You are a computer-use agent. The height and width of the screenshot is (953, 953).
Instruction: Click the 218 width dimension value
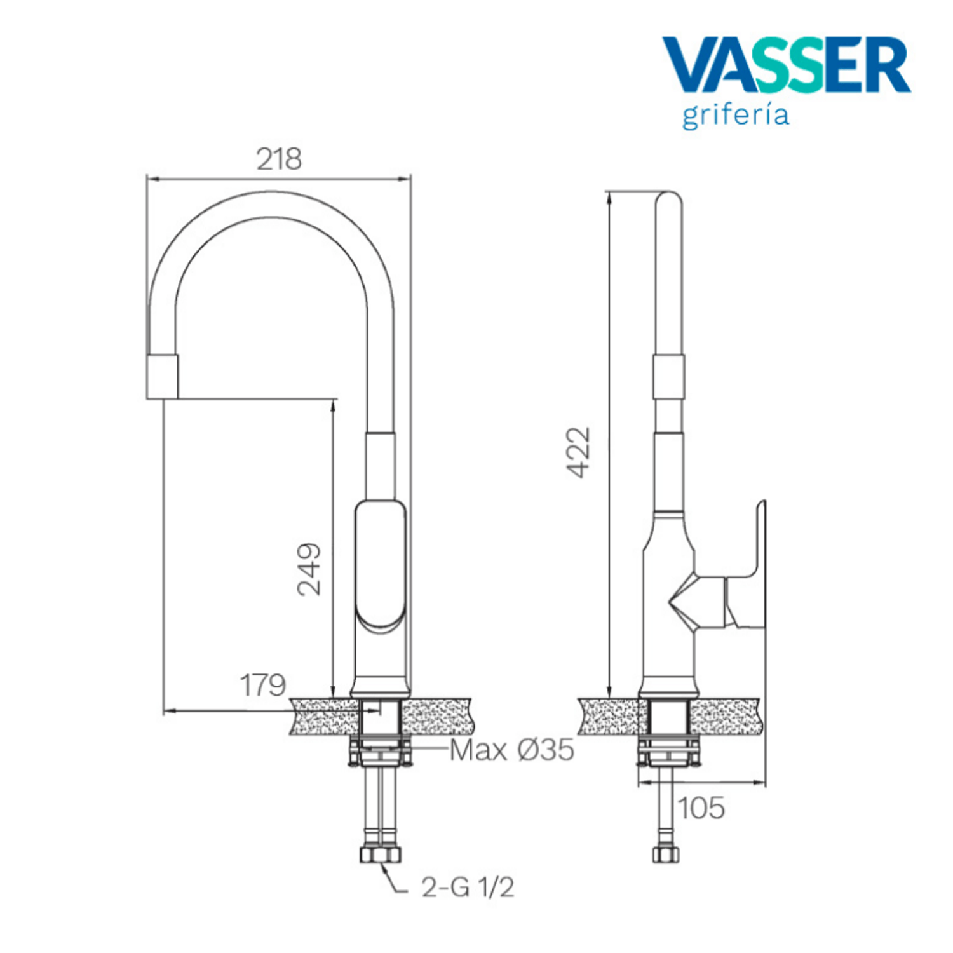pos(279,159)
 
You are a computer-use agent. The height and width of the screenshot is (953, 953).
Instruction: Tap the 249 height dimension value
pos(309,569)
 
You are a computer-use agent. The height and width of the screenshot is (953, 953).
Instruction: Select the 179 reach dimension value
pos(262,685)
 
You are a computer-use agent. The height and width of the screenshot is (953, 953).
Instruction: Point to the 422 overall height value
pos(579,452)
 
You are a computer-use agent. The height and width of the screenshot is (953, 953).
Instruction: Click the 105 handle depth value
pos(701,808)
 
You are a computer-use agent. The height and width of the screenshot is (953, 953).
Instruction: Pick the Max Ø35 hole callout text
pos(512,750)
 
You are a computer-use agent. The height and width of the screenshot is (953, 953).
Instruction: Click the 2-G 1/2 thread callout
pos(468,887)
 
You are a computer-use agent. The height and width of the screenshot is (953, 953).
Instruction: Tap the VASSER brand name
pos(787,65)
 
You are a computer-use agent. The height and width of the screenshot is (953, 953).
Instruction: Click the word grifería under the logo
pos(736,116)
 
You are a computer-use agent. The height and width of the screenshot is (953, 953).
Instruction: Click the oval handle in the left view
pos(380,566)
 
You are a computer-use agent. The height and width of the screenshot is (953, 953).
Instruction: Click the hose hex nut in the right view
pos(665,854)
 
